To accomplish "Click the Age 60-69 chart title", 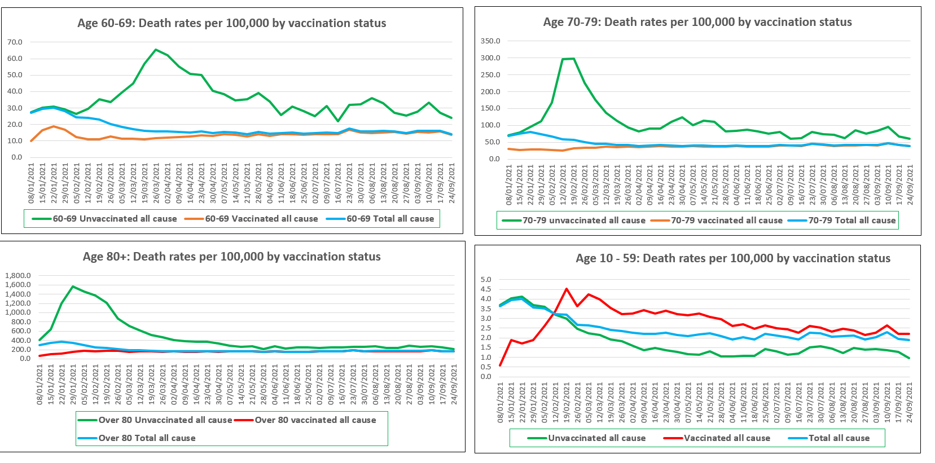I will (232, 23).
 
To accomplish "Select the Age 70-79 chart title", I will (697, 22).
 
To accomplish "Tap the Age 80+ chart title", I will (232, 257).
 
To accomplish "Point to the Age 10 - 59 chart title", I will (733, 258).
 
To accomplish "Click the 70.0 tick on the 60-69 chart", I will (15, 42).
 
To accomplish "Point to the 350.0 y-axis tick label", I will (490, 41).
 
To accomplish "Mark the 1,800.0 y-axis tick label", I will (18, 276).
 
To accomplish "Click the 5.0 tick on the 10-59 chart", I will (486, 280).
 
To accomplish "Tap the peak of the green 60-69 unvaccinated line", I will (156, 50).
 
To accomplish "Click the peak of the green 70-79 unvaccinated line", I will (574, 59).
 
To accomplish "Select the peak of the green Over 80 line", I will (73, 286).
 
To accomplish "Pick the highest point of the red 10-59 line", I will (567, 289).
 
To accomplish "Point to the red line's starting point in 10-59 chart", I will (501, 365).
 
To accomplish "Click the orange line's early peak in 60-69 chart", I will (54, 126).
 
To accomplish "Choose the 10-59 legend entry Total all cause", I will (839, 438).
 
